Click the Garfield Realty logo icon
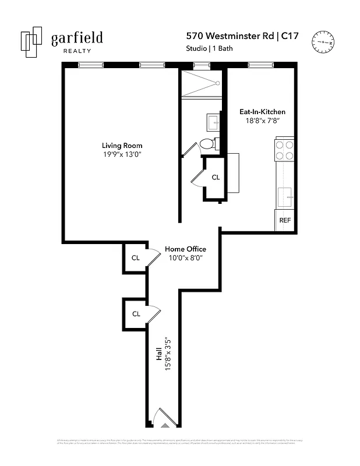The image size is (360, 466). [x=32, y=42]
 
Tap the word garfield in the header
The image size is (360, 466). [x=77, y=38]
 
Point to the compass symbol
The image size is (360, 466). [x=324, y=41]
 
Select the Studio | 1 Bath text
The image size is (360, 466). [x=209, y=48]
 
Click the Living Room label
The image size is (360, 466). [x=122, y=146]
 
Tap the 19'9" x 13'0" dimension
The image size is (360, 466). [x=122, y=154]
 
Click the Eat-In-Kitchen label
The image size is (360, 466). [x=263, y=112]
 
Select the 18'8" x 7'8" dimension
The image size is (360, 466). [x=263, y=121]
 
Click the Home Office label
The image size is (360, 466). [x=185, y=249]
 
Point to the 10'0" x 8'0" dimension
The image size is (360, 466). [x=185, y=257]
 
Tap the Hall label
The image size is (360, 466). [x=159, y=355]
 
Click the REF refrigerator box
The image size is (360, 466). [x=285, y=220]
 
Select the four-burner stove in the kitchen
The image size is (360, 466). [x=285, y=150]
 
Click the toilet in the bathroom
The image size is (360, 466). [x=207, y=144]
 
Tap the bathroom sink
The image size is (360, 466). [x=213, y=122]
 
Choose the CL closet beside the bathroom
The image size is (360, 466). [x=215, y=178]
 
